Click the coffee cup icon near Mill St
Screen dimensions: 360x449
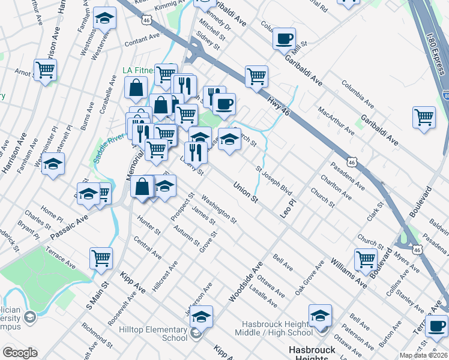coord(283,39)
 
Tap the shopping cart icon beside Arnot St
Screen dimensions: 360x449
coord(45,70)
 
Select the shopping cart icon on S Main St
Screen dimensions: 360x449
coord(101,259)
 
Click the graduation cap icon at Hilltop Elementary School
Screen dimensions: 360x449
coord(201,316)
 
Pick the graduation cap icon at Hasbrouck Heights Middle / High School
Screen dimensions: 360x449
coord(320,316)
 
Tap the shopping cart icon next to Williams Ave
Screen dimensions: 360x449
coord(366,260)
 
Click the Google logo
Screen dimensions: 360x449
coord(20,353)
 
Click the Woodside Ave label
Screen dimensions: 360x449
coord(246,282)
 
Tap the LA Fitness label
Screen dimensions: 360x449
coord(136,70)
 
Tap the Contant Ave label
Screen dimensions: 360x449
coord(142,40)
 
